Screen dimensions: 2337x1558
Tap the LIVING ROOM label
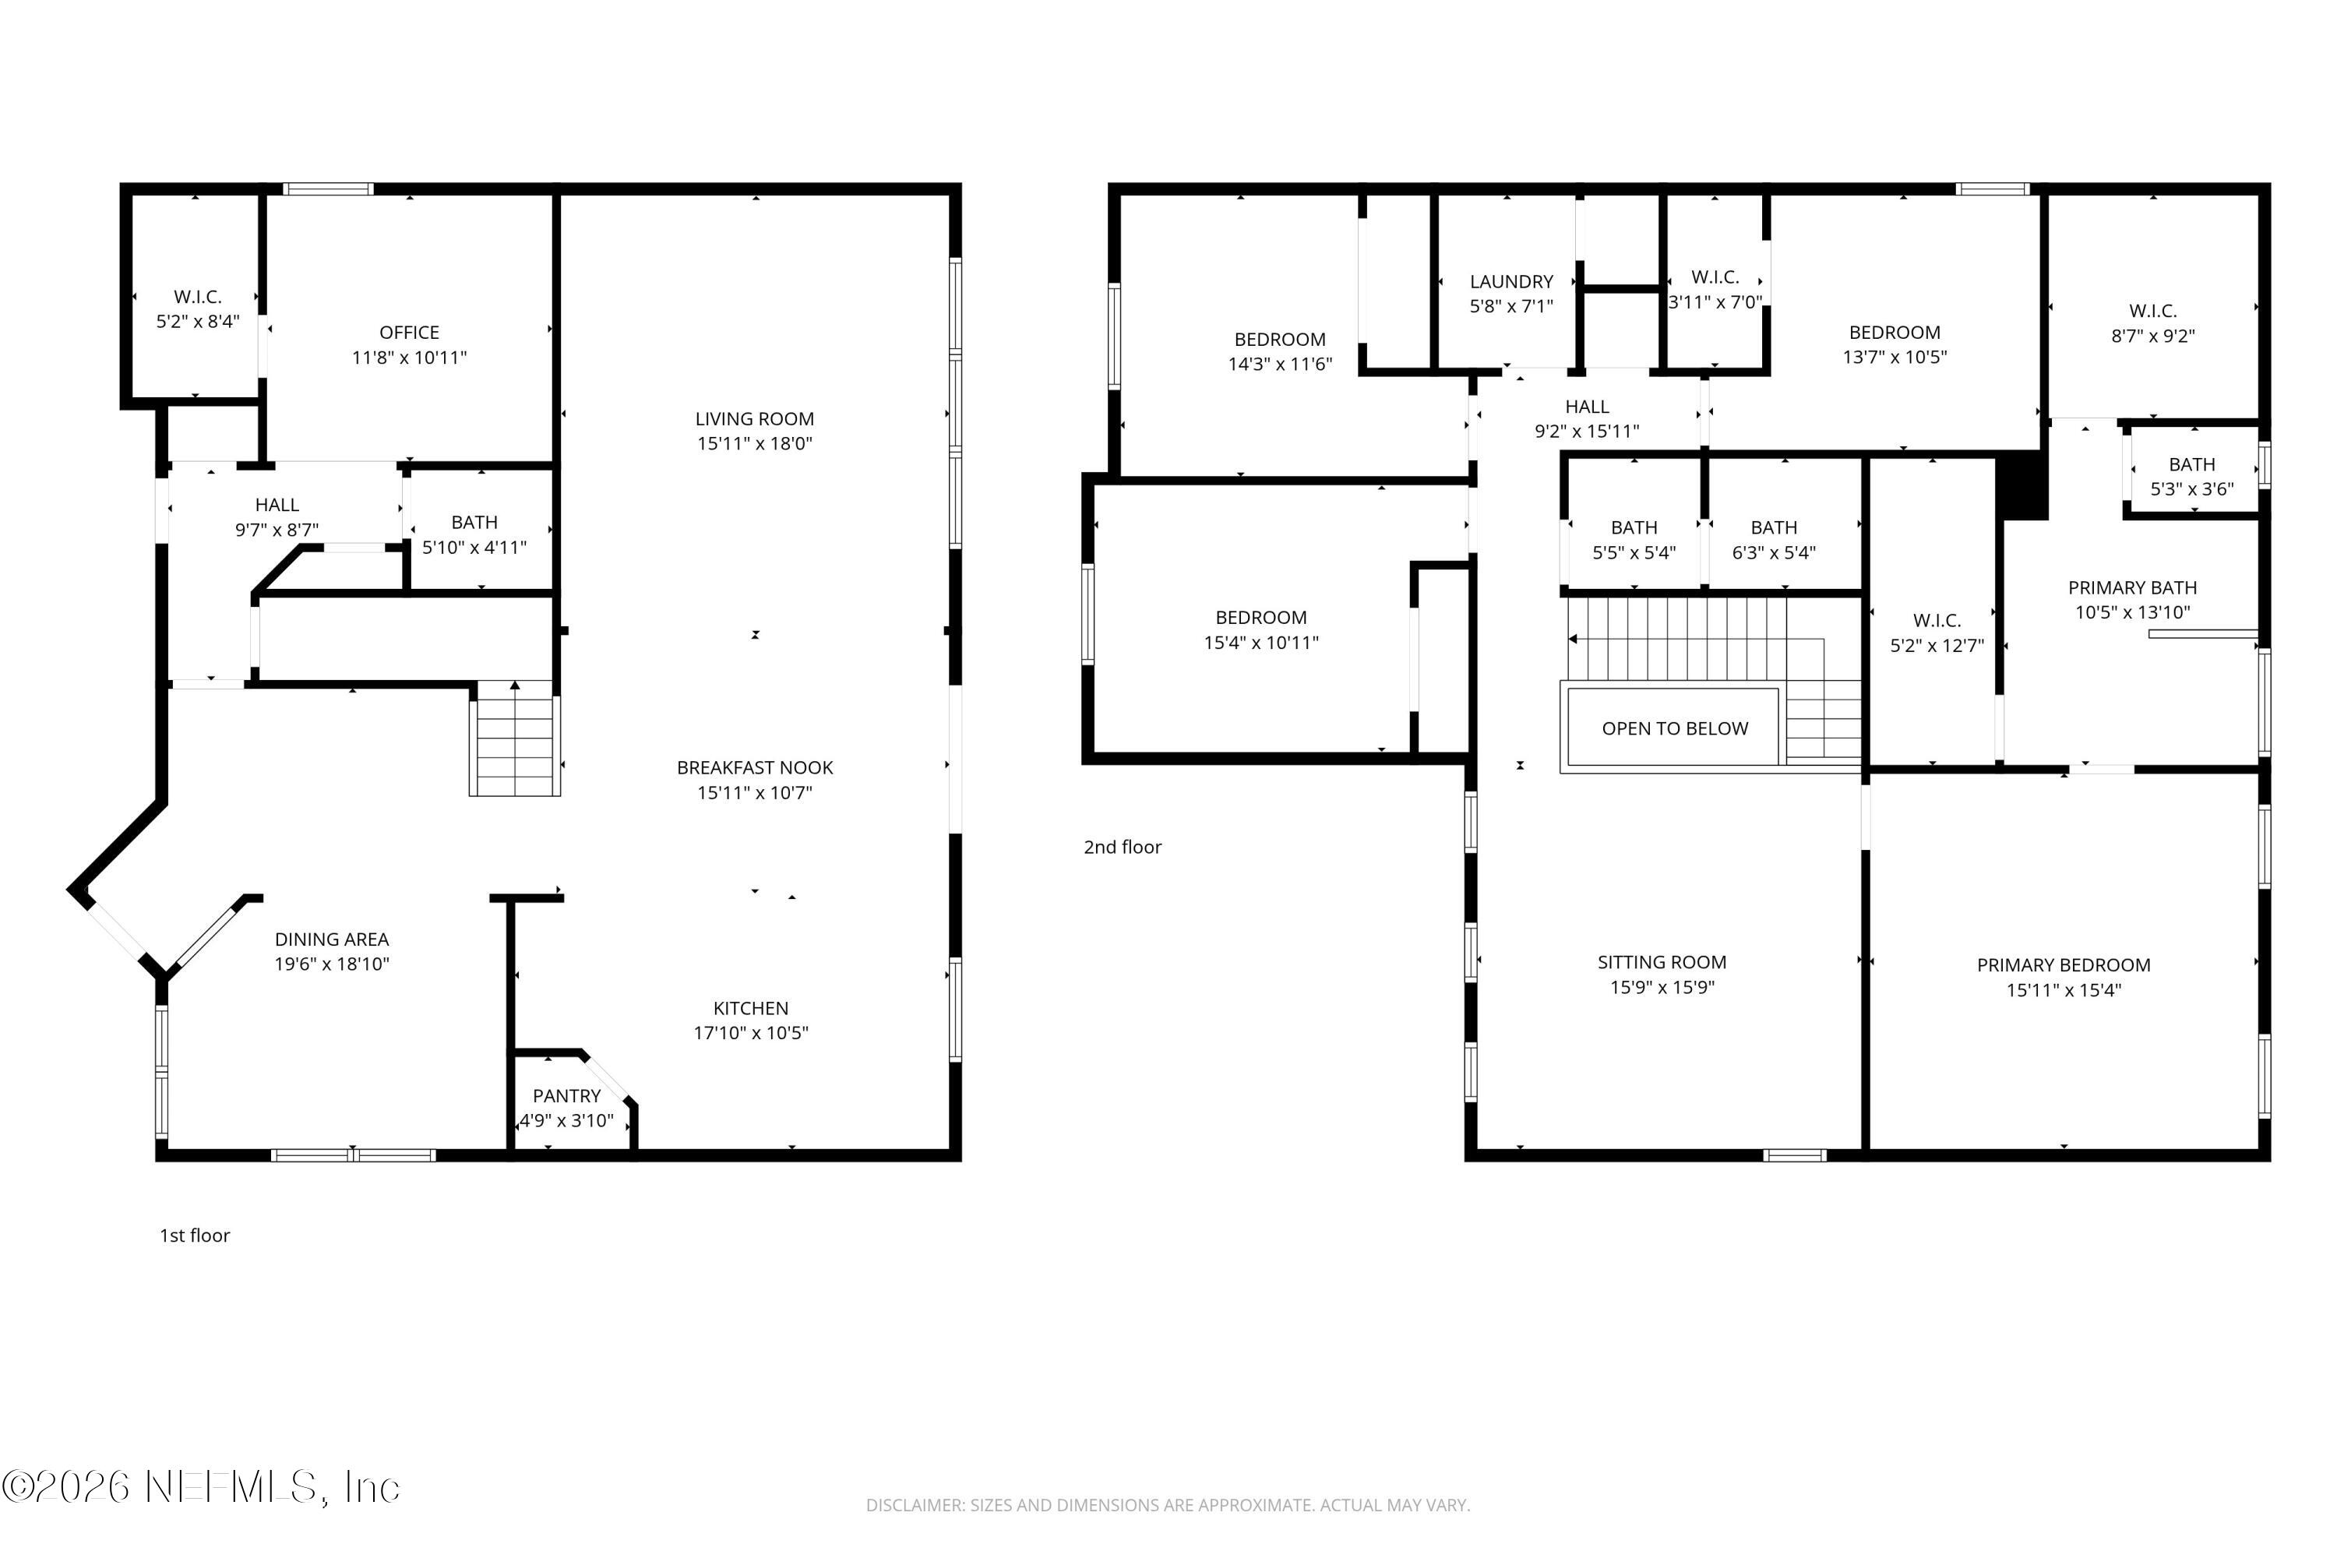pyautogui.click(x=754, y=419)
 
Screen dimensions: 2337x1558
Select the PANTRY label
pyautogui.click(x=566, y=1096)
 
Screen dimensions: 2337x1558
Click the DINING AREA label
pyautogui.click(x=332, y=939)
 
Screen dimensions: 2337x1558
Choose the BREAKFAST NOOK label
pyautogui.click(x=755, y=768)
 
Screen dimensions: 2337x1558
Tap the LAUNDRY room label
pyautogui.click(x=1511, y=282)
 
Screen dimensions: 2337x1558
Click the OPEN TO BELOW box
pyautogui.click(x=1676, y=728)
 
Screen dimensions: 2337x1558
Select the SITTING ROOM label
pyautogui.click(x=1662, y=962)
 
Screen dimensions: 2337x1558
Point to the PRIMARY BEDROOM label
pyautogui.click(x=2064, y=965)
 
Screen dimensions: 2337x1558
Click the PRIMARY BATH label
pyautogui.click(x=2132, y=588)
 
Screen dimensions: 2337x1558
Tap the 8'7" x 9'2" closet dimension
pyautogui.click(x=2153, y=336)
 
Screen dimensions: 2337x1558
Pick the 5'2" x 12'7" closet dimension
pyautogui.click(x=1937, y=646)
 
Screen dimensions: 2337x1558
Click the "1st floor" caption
pyautogui.click(x=195, y=1235)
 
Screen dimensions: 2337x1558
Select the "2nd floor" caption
pyautogui.click(x=1123, y=847)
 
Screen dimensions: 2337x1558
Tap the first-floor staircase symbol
pyautogui.click(x=515, y=738)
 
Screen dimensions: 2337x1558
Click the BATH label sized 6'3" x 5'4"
pyautogui.click(x=1774, y=527)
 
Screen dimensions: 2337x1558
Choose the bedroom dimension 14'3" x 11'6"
pyautogui.click(x=1280, y=365)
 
